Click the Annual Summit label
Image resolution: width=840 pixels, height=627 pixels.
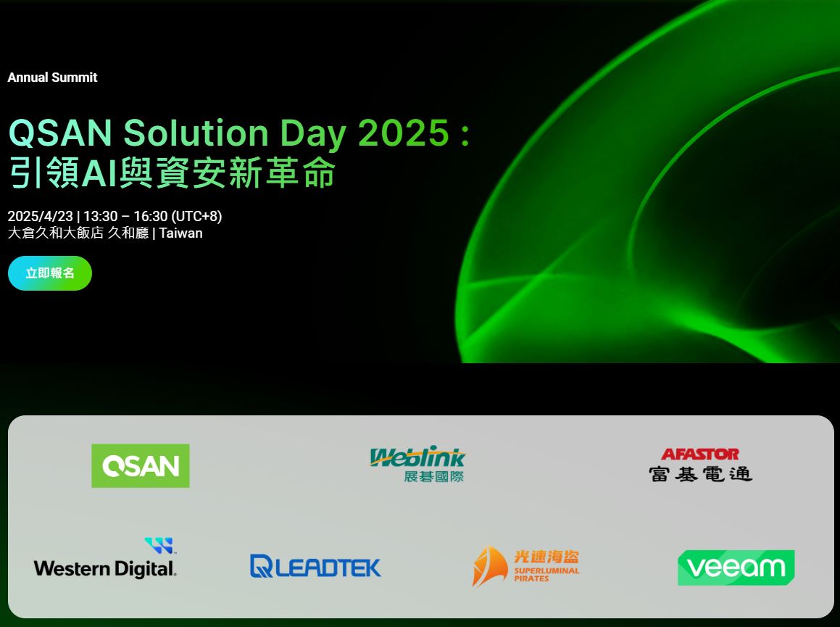52,77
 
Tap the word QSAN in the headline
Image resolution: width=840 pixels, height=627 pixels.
61,133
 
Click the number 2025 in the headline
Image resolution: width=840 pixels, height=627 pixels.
404,133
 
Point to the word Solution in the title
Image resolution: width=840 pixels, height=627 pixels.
196,133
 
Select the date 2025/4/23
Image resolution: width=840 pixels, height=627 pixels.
40,216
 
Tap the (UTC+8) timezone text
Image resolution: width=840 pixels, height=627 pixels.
196,216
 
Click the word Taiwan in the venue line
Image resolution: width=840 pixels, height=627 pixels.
181,233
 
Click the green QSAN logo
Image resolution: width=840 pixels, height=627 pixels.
141,465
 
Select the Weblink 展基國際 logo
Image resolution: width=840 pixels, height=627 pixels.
418,464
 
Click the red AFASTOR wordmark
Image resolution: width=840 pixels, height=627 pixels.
700,454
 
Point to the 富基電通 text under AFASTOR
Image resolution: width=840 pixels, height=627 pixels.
701,474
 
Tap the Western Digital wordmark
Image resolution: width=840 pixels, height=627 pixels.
105,568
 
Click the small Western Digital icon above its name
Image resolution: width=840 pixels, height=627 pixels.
159,546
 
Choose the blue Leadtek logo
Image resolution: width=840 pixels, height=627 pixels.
315,566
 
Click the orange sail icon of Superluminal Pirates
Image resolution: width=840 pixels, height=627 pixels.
490,566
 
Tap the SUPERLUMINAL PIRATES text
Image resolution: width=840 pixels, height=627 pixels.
546,575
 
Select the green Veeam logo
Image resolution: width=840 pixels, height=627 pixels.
736,568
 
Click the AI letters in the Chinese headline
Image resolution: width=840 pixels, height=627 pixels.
99,173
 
